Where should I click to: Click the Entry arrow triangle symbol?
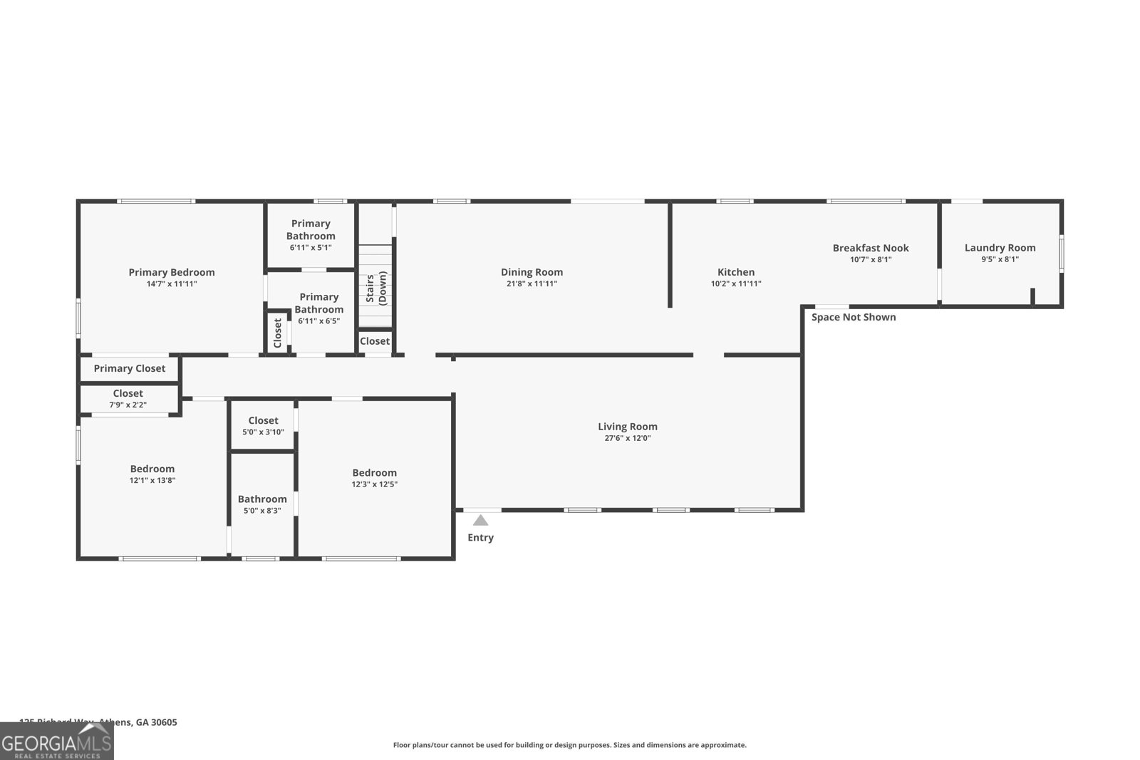tap(481, 521)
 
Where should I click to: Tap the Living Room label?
tap(628, 427)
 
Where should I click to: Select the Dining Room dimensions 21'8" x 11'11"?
tap(532, 283)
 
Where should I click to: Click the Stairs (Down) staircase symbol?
tap(375, 286)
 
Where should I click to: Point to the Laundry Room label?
tap(1000, 248)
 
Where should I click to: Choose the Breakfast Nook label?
tap(871, 248)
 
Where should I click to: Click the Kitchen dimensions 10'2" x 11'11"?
tap(736, 283)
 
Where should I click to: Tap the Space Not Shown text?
tap(854, 317)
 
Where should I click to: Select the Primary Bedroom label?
tap(172, 272)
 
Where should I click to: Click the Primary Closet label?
tap(129, 368)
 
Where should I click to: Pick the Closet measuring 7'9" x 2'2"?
tap(128, 398)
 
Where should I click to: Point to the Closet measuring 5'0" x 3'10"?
tap(263, 425)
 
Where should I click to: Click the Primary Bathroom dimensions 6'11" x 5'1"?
tap(311, 248)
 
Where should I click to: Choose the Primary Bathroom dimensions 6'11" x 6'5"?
tap(318, 321)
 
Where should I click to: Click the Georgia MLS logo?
tap(56, 741)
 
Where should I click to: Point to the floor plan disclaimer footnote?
tap(569, 745)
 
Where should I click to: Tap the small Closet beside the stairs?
tap(375, 341)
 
